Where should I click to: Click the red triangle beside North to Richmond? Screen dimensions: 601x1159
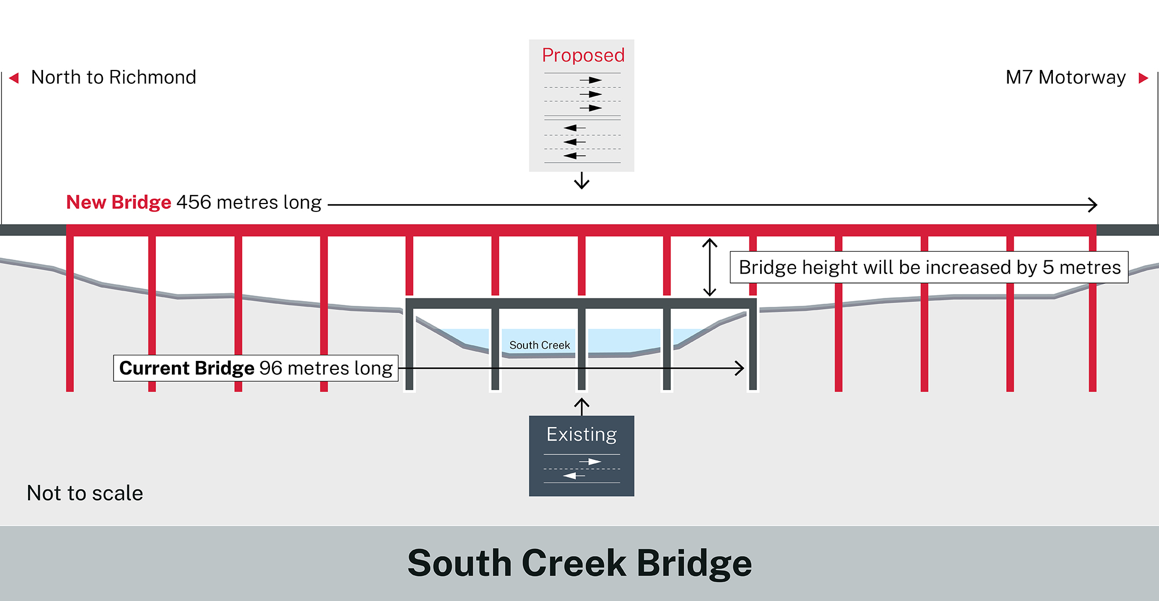click(x=15, y=78)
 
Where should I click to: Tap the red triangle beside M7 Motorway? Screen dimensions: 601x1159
click(x=1143, y=78)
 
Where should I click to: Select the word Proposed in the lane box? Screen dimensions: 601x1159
click(x=583, y=55)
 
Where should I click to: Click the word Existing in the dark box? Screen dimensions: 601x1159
click(x=581, y=435)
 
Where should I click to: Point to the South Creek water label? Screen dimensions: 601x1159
click(x=539, y=345)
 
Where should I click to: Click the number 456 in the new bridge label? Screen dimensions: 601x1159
click(x=194, y=202)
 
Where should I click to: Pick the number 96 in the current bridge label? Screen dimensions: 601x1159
click(x=271, y=368)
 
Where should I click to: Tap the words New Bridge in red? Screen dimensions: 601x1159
click(x=118, y=202)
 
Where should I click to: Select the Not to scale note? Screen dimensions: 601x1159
click(x=85, y=493)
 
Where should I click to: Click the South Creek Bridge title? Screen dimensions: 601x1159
click(x=579, y=563)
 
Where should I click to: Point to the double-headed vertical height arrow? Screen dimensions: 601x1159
click(x=710, y=267)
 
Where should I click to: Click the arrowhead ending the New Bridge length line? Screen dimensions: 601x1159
click(x=1093, y=205)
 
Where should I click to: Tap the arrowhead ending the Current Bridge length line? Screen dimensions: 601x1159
click(x=739, y=368)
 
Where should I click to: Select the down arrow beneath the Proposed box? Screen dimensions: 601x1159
click(x=582, y=181)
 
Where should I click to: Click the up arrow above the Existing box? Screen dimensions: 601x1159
click(x=582, y=406)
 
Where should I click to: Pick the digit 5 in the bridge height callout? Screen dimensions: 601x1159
click(x=1048, y=268)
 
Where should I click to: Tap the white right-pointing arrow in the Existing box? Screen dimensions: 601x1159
click(x=590, y=462)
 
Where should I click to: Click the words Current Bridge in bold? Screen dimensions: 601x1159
click(x=187, y=368)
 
